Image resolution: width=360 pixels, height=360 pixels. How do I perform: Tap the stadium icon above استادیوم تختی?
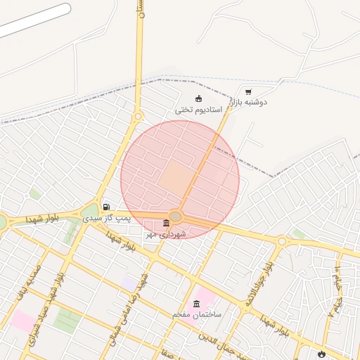pos(198,98)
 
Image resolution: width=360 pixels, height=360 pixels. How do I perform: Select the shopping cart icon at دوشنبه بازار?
pos(248,91)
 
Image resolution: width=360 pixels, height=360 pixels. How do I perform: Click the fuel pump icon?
pos(106,207)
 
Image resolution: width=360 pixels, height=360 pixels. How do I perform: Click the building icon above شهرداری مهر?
pos(166,223)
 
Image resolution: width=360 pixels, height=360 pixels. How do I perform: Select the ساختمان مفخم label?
pos(197,314)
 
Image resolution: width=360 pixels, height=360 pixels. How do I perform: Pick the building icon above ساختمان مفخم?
pos(195,303)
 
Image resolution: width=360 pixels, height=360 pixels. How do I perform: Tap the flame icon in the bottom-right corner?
pos(322,354)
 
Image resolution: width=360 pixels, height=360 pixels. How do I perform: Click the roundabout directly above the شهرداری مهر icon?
pos(176,216)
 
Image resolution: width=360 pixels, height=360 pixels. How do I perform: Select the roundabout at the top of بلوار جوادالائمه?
pos(281,241)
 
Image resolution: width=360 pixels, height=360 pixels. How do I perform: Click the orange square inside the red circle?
pos(173,176)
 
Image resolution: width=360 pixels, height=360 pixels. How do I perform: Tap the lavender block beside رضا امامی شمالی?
pos(129,282)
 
